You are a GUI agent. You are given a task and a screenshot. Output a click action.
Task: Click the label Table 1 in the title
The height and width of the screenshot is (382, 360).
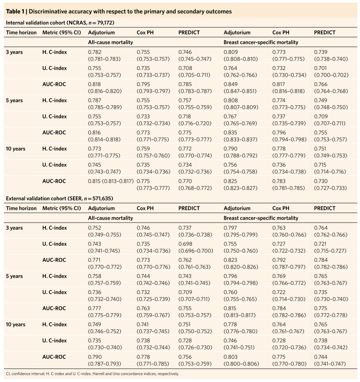[x=15, y=11]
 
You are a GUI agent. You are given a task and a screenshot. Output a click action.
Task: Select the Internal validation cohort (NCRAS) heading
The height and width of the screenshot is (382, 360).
[x=60, y=23]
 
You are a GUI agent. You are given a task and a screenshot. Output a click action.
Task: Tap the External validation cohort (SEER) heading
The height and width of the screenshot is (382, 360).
[x=59, y=198]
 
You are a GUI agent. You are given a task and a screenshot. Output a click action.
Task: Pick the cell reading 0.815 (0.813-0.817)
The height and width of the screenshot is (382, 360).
[x=111, y=181]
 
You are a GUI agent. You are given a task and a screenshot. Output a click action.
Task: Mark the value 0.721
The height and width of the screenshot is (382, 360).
[x=321, y=244]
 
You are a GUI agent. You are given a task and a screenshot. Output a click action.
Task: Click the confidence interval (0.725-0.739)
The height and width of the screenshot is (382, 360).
[x=153, y=299]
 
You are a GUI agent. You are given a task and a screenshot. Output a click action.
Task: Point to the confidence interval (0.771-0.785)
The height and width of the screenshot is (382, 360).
[x=153, y=364]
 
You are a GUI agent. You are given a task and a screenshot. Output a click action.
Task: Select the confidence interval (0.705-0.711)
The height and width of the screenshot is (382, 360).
[x=194, y=75]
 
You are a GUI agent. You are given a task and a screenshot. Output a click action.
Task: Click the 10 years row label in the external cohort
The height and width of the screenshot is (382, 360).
[x=15, y=324]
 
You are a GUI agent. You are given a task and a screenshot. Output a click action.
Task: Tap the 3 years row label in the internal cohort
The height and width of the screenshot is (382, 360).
[x=14, y=52]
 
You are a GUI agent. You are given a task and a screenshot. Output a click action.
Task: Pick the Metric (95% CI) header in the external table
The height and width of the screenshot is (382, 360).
[x=62, y=208]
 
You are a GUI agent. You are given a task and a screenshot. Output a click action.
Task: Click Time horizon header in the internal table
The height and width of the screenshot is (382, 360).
[x=21, y=32]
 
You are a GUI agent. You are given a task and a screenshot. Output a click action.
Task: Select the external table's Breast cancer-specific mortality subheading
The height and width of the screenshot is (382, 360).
[x=261, y=218]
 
